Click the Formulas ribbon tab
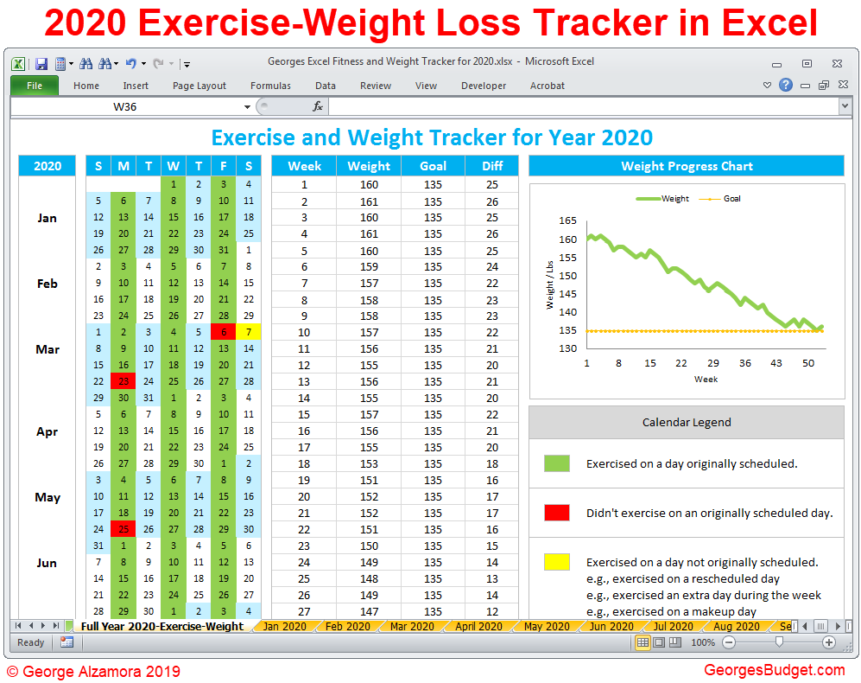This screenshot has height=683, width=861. tap(270, 86)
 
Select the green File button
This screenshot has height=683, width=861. tap(35, 86)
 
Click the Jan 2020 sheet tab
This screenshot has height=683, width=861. tap(284, 627)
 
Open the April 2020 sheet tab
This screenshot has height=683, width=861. tap(478, 627)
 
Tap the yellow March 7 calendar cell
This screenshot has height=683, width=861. tap(249, 332)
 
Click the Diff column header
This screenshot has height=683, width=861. tap(492, 166)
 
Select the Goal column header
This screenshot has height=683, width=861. tap(433, 166)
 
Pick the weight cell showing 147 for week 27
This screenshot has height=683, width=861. tap(369, 611)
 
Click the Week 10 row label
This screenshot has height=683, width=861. tap(304, 332)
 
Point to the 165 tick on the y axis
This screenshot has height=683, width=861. tap(567, 221)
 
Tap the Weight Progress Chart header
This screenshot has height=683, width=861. tap(687, 166)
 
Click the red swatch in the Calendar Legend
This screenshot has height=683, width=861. tap(557, 513)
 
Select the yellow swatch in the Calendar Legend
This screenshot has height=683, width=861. tap(557, 562)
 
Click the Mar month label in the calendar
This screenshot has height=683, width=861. tap(47, 349)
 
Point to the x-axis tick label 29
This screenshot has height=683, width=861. tap(713, 363)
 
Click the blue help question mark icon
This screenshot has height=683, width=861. tap(785, 85)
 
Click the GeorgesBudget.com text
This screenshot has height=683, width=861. tap(774, 670)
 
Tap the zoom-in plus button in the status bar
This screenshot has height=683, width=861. tap(829, 642)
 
